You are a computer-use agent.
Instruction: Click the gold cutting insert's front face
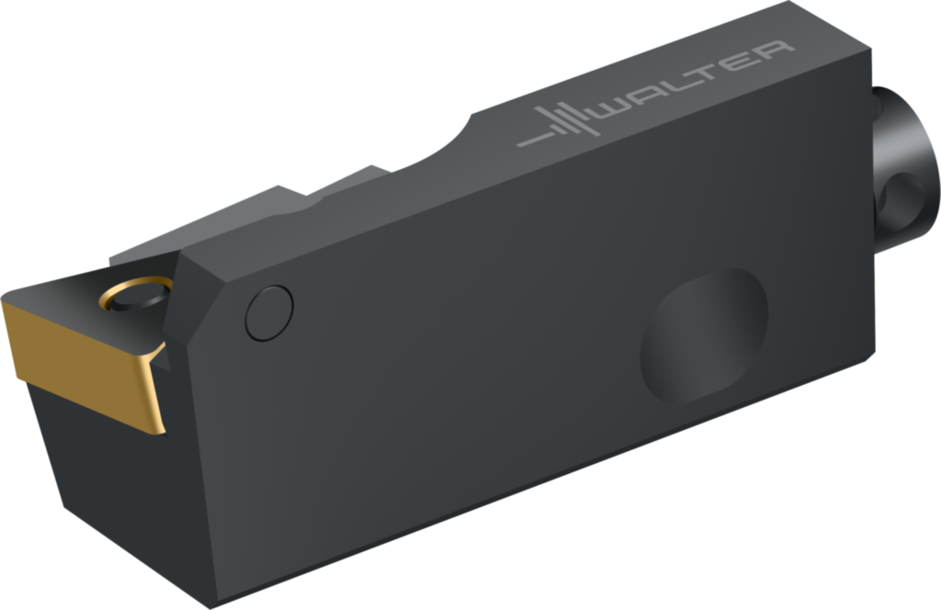point(81,366)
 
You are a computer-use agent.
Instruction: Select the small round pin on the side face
point(269,313)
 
